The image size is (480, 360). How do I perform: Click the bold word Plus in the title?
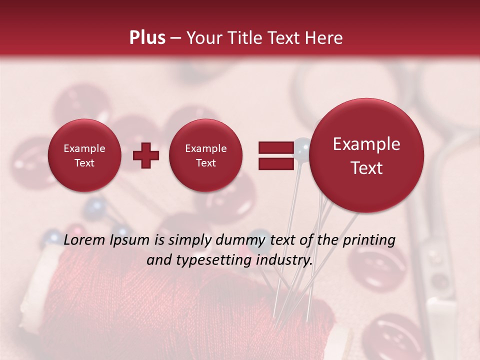pyautogui.click(x=147, y=38)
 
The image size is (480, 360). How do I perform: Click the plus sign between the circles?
pyautogui.click(x=146, y=155)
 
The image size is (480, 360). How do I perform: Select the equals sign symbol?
pyautogui.click(x=276, y=155)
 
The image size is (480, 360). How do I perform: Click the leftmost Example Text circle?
pyautogui.click(x=84, y=155)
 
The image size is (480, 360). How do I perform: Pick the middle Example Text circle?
pyautogui.click(x=205, y=155)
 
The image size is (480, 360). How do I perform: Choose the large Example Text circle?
pyautogui.click(x=366, y=155)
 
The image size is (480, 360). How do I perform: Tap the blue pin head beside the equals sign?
pyautogui.click(x=302, y=146)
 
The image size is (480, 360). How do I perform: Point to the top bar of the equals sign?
pyautogui.click(x=276, y=147)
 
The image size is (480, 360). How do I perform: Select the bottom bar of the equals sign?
pyautogui.click(x=276, y=164)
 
